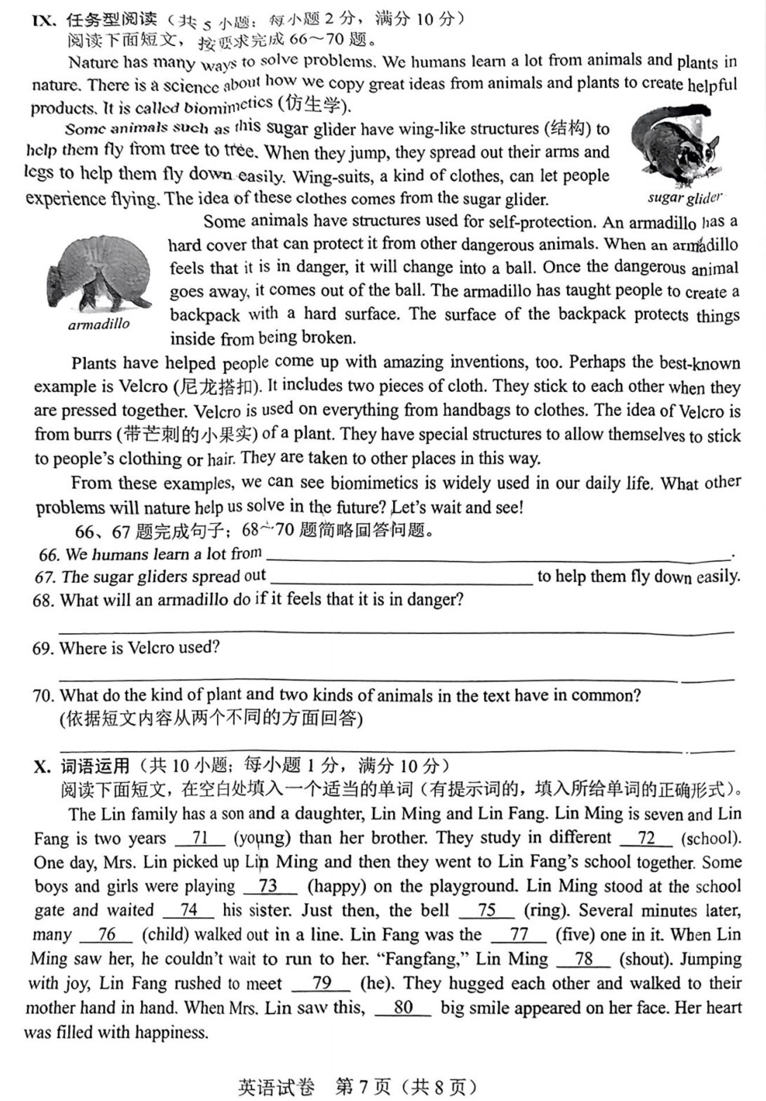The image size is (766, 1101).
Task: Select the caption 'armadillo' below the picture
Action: point(99,325)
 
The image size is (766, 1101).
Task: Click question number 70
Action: point(43,695)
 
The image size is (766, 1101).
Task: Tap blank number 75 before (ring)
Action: point(486,910)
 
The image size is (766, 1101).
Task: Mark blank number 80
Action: point(403,1007)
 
